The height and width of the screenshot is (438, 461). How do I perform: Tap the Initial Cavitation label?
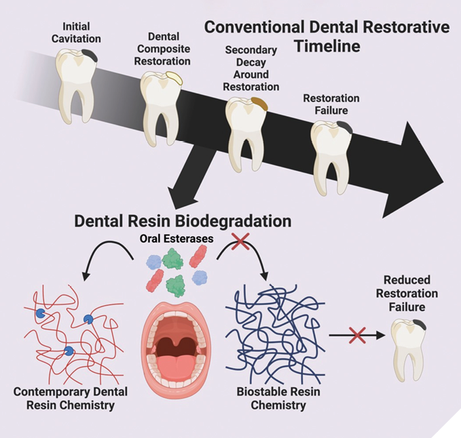pyautogui.click(x=76, y=32)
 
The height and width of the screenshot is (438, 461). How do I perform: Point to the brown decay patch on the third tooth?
pyautogui.click(x=257, y=104)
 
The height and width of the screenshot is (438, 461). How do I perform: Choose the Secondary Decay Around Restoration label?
pyautogui.click(x=252, y=68)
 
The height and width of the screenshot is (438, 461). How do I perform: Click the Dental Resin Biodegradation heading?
pyautogui.click(x=183, y=221)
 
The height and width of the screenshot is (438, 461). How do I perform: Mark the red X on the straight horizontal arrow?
pyautogui.click(x=356, y=334)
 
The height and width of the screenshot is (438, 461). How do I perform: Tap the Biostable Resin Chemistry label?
pyautogui.click(x=271, y=399)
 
